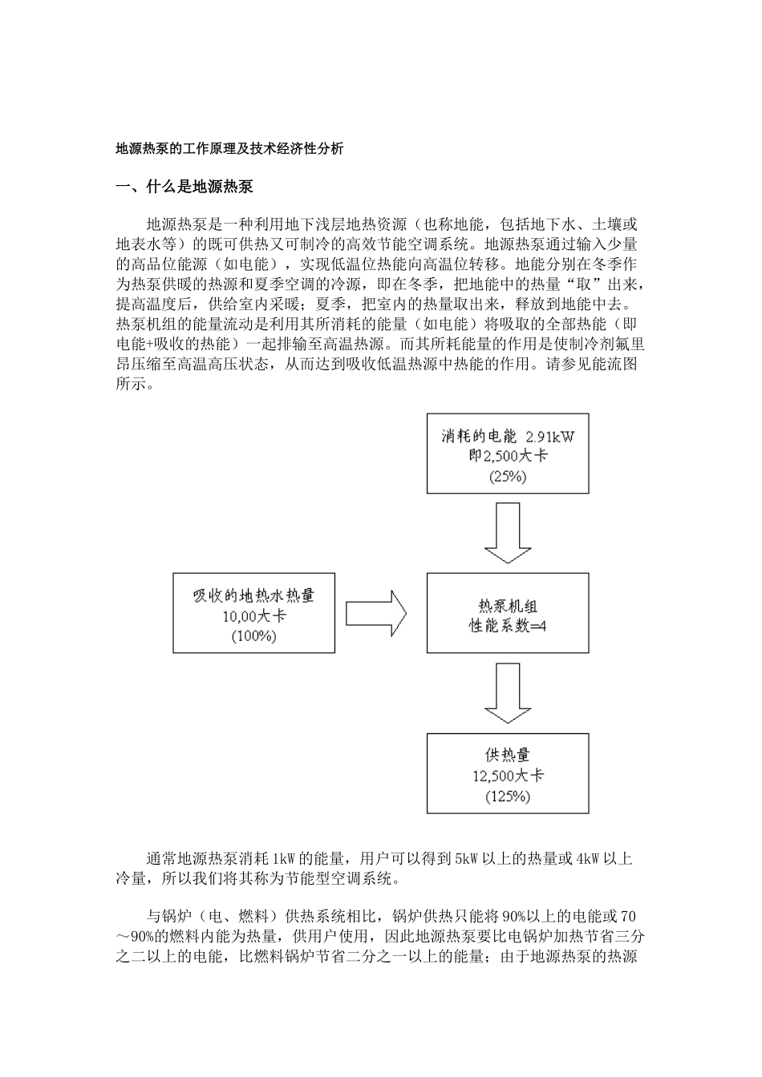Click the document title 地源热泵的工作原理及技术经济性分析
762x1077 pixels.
(230, 148)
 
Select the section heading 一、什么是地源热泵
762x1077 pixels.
(184, 188)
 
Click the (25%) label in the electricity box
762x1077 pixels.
(507, 476)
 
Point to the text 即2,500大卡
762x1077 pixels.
(508, 456)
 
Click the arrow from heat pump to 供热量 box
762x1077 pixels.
(507, 694)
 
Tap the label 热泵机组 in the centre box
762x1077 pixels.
(508, 606)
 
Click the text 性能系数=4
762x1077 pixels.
(508, 626)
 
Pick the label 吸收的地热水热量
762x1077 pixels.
(253, 595)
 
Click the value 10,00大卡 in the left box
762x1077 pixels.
(253, 616)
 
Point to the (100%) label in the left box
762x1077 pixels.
(253, 636)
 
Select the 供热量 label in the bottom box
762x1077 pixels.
(508, 755)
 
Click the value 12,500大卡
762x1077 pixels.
(508, 776)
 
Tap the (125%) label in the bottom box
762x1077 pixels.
(508, 797)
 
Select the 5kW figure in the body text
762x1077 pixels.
(467, 859)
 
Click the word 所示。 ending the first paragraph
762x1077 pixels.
(134, 383)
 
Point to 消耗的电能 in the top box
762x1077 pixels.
(480, 437)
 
